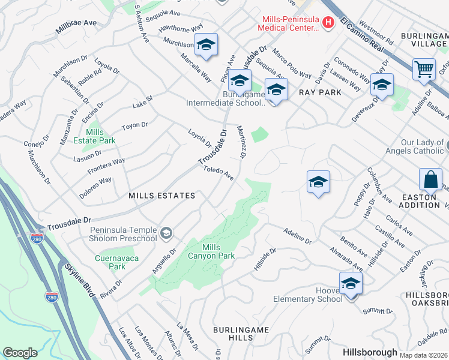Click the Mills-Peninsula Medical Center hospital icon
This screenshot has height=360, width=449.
(x=328, y=23)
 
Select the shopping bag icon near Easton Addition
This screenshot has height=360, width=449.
(x=431, y=179)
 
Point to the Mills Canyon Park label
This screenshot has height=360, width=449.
(x=218, y=251)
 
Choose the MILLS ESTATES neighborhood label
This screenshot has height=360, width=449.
(x=161, y=196)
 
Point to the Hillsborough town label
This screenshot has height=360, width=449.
(x=370, y=352)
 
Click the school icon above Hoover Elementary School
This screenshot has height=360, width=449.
(x=351, y=283)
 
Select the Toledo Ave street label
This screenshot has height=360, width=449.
(x=218, y=172)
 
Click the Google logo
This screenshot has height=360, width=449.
(x=20, y=353)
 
